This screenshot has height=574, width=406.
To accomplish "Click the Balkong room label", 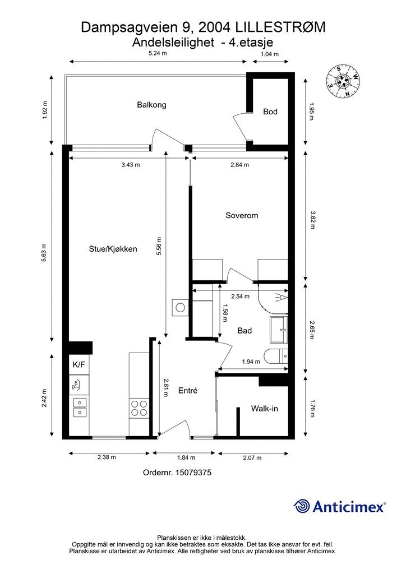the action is coord(151,105).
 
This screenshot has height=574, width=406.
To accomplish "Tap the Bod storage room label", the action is coord(270,112).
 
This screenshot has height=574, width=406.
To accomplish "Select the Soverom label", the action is coord(242,215).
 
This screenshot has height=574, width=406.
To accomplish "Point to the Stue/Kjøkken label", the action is coord(113,249).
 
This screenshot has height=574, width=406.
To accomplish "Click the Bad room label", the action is coord(244,331).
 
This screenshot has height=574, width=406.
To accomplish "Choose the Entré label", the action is coord(188,391).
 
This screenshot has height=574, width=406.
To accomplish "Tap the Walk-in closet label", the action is coord(264,409).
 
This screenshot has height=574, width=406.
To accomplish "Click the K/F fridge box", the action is coord(79,364).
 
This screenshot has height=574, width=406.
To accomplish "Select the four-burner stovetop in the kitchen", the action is coord(139,408).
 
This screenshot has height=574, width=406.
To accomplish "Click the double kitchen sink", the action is coord(79,408).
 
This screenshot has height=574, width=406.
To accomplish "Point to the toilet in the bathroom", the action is coord(276,356).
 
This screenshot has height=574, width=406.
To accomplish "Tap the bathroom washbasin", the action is coord(279,330).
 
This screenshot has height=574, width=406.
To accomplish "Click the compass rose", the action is coord(343,81).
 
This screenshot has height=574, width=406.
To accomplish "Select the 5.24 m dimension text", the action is coord(158,53).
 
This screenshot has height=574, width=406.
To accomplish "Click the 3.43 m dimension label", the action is coord(131,165).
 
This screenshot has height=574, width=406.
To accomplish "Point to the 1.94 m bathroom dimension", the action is coord(251,362).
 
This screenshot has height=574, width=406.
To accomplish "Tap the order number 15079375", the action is coord(193,472).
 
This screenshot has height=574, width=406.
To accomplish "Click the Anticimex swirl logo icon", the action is coord(302,506).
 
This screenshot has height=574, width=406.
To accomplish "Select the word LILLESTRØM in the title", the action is coord(280,27).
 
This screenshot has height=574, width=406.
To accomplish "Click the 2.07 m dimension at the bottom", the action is coord(252,457).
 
